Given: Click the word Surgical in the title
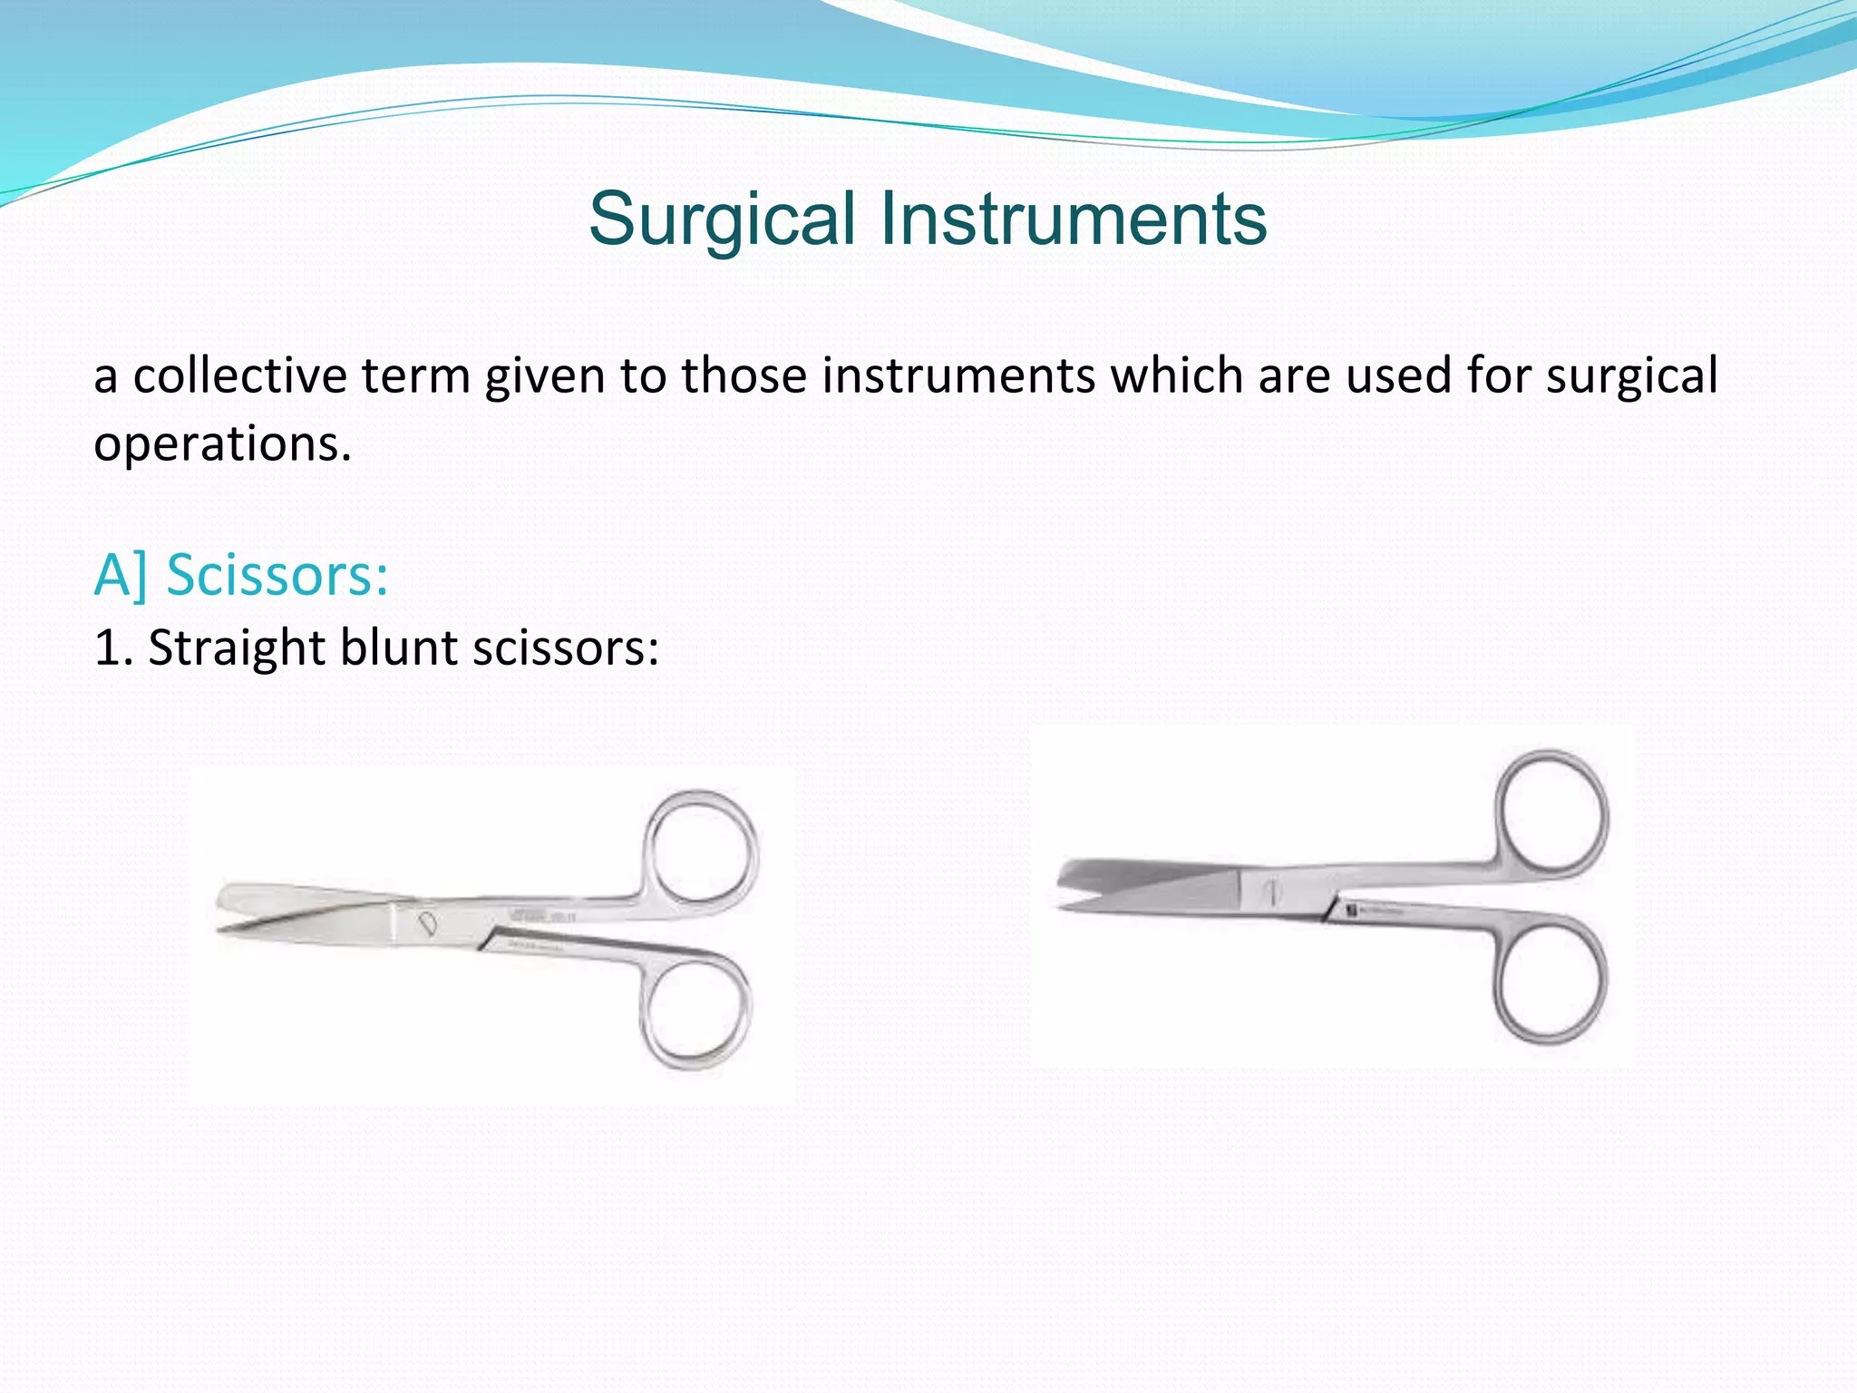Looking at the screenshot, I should click(722, 219).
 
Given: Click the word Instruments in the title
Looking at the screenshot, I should click(1074, 219).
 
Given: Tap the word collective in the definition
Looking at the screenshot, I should click(240, 375).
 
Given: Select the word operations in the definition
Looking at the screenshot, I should click(222, 444).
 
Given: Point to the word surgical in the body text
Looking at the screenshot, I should click(1631, 375).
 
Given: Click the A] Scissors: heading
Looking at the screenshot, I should click(241, 575).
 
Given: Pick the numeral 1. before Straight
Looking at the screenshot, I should click(112, 648).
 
